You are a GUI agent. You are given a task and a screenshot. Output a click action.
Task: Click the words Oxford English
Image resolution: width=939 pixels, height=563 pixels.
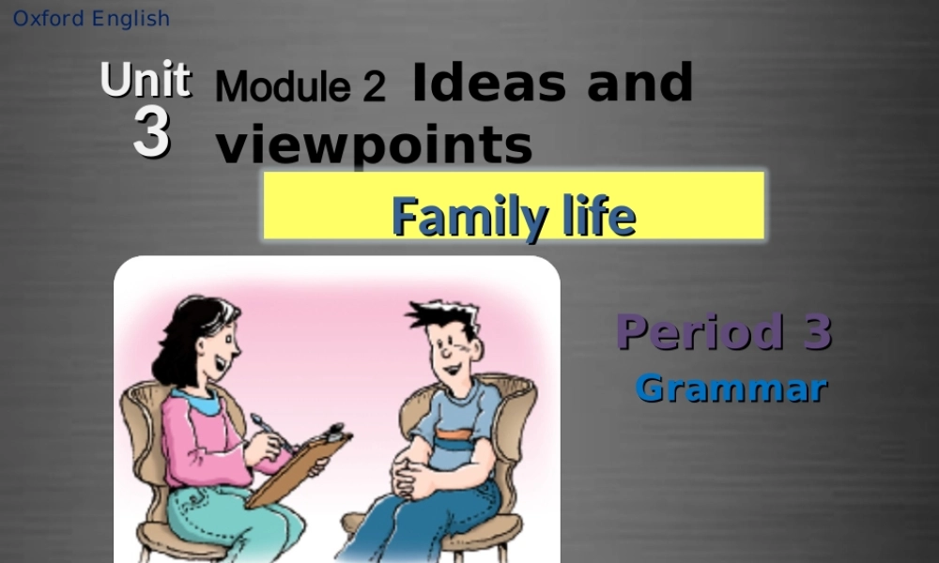coord(91,19)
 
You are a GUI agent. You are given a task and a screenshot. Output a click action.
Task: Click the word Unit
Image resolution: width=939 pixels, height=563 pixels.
coord(146,81)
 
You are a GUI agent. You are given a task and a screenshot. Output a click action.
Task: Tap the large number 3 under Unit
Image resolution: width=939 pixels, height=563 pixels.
coord(151,133)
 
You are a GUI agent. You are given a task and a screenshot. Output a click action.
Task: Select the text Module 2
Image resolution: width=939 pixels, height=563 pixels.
coord(300,87)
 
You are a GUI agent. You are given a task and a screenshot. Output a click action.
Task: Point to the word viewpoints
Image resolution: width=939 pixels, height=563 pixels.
coord(374,145)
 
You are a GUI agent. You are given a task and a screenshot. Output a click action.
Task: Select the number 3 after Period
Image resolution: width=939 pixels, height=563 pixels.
coord(817,332)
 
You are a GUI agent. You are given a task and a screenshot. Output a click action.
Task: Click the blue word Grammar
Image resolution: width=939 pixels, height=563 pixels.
coord(731,388)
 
